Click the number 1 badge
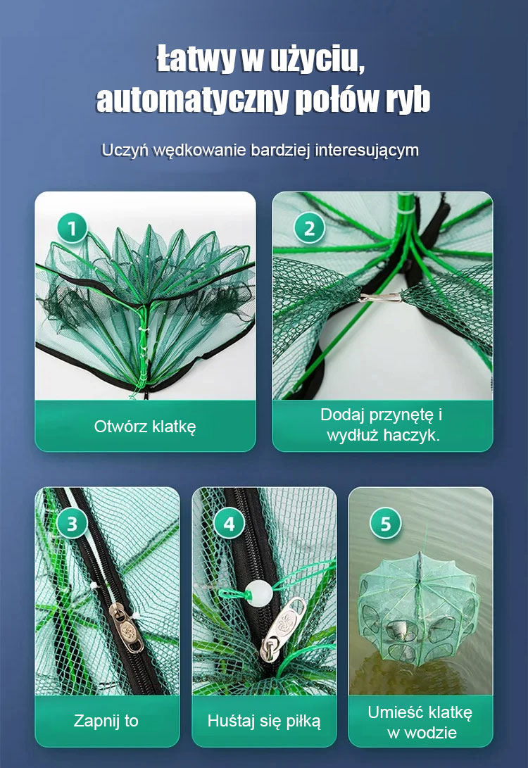[x=72, y=229]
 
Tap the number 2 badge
[x=309, y=229]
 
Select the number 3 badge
[x=72, y=524]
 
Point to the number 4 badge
[x=229, y=524]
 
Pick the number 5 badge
[x=386, y=524]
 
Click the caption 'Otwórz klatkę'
[x=145, y=426]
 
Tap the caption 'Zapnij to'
[x=106, y=721]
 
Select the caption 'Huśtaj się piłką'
[x=264, y=721]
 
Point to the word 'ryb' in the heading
[x=408, y=99]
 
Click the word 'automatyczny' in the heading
[x=192, y=101]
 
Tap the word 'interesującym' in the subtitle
[x=367, y=150]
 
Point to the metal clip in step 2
[x=382, y=296]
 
